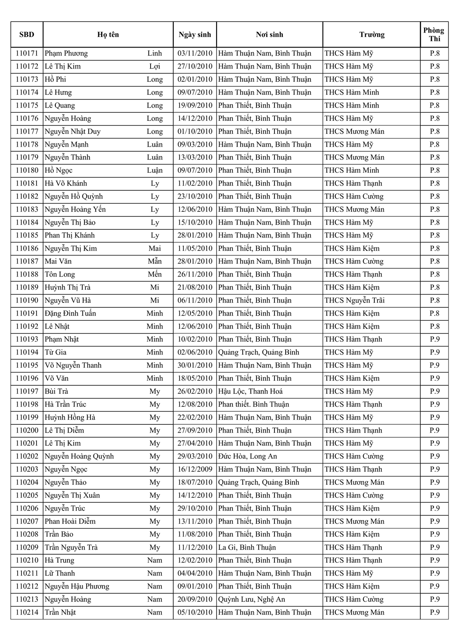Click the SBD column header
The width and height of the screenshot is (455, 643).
click(x=27, y=35)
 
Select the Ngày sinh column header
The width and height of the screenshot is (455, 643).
click(x=195, y=35)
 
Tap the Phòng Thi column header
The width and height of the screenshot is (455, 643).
click(x=434, y=35)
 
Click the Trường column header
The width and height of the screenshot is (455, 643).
click(x=371, y=35)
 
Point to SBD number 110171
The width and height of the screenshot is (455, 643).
click(x=27, y=54)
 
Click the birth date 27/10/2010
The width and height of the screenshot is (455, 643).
click(x=195, y=66)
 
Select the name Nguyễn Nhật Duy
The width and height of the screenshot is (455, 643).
click(x=72, y=132)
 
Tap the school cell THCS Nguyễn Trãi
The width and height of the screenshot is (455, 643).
click(x=354, y=300)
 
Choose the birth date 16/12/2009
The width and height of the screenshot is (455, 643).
click(x=195, y=469)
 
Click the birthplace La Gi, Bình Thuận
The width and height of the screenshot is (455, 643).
click(x=247, y=547)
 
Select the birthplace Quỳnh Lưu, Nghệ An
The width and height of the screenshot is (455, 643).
click(x=251, y=599)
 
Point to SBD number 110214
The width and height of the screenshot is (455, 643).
click(x=27, y=612)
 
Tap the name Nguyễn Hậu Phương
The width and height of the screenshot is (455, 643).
click(x=77, y=586)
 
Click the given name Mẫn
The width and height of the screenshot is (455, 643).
click(x=154, y=261)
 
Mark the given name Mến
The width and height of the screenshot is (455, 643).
click(x=154, y=274)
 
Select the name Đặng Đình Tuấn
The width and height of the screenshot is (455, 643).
click(x=70, y=313)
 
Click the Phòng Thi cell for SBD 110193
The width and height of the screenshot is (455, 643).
click(x=434, y=340)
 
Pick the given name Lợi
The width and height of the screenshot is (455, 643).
click(x=154, y=66)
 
